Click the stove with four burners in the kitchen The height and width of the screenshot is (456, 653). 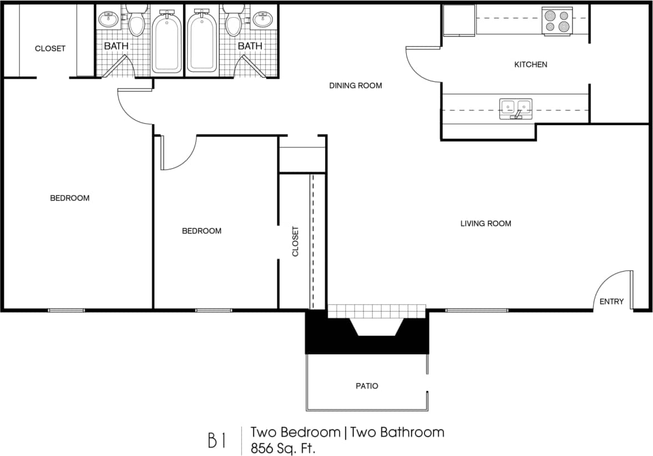tap(557, 22)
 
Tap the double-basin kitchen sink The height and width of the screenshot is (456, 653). tap(516, 108)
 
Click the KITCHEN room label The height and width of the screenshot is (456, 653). tap(530, 64)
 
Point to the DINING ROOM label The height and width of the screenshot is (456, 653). tap(356, 86)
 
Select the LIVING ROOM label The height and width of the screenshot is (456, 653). tap(485, 223)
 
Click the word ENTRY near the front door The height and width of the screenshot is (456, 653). tap(611, 302)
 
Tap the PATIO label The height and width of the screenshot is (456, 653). tap(367, 385)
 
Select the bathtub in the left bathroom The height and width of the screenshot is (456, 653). tap(166, 43)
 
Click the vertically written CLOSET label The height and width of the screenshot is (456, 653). tap(295, 240)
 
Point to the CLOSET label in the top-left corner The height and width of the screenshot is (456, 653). tap(50, 48)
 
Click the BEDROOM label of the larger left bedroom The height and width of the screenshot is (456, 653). tap(69, 198)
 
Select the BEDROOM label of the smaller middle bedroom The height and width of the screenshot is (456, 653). tap(201, 230)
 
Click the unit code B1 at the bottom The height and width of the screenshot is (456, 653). tap(216, 440)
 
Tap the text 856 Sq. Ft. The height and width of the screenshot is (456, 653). tap(283, 448)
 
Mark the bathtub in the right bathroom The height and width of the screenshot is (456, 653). tap(202, 43)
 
